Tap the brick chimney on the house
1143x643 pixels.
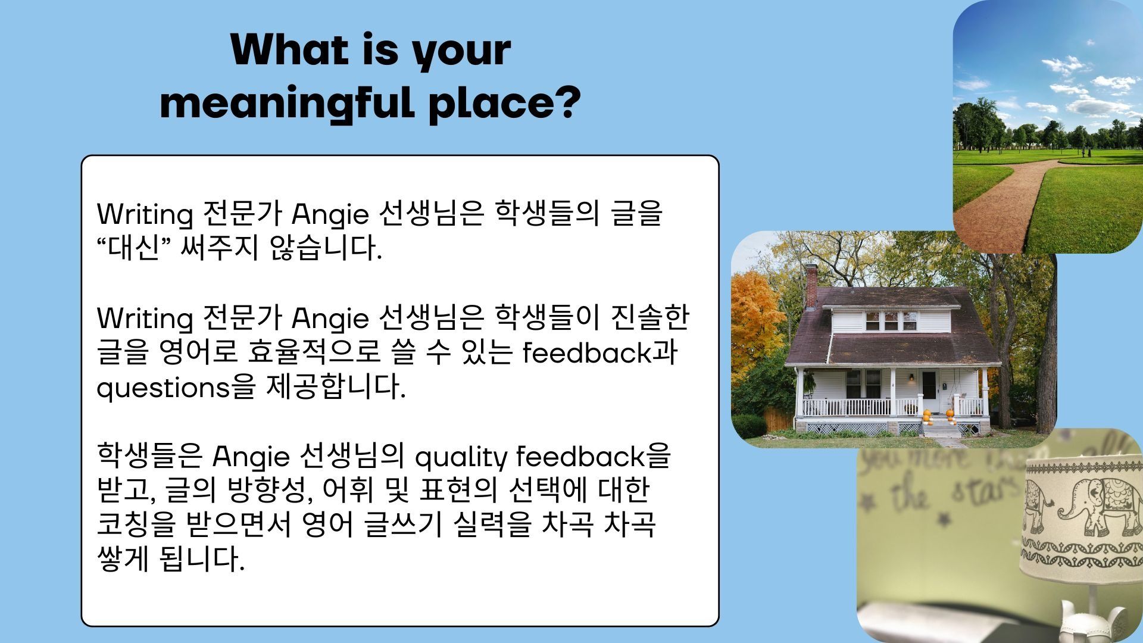811,285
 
